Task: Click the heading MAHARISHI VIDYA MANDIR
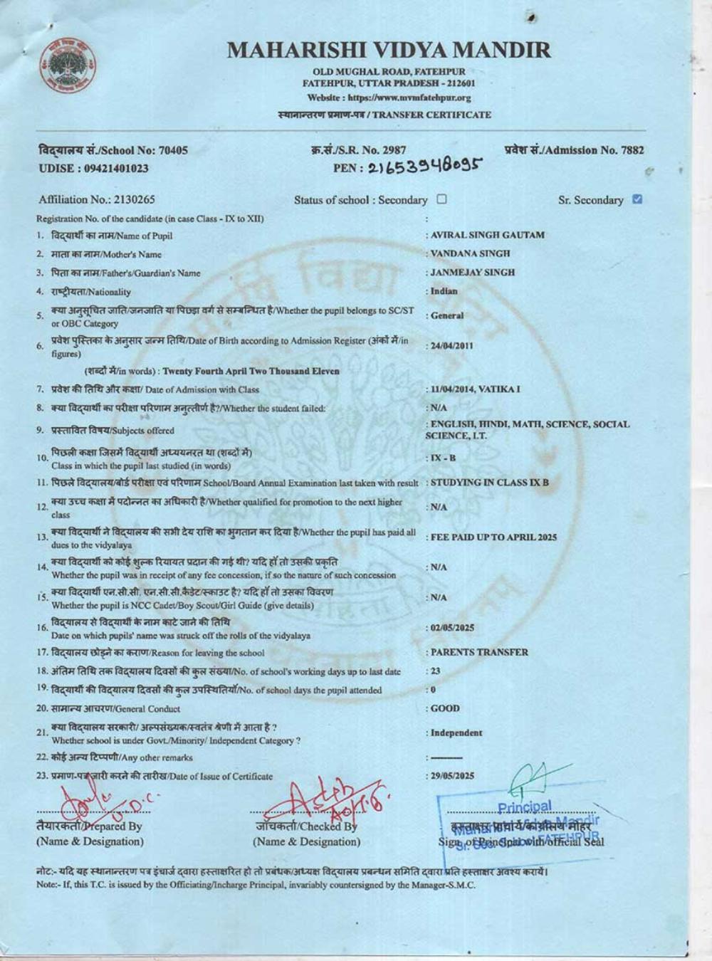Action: point(389,50)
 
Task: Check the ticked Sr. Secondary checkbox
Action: point(637,199)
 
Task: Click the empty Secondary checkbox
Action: point(441,199)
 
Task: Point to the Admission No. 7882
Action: point(574,150)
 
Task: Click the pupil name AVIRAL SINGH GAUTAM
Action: point(487,235)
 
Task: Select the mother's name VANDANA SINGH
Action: point(470,253)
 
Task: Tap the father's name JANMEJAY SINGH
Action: point(472,272)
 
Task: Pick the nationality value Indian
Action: point(444,291)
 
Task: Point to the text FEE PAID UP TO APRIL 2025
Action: point(493,537)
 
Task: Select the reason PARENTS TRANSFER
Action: point(479,652)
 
